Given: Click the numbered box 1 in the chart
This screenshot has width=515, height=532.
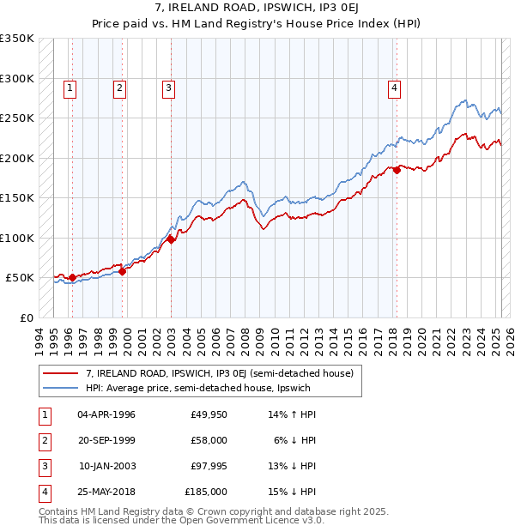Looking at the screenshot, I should click(70, 87).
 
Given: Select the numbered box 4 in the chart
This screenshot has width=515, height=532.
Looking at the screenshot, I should click(394, 87).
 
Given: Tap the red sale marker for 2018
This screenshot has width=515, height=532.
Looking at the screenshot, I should click(397, 171).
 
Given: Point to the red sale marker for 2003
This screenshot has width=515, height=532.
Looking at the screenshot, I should click(171, 239).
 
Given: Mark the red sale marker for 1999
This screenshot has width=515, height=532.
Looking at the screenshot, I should click(122, 271).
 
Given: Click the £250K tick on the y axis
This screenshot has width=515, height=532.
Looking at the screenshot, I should click(18, 118).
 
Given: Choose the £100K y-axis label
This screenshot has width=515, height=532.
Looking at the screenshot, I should click(18, 238).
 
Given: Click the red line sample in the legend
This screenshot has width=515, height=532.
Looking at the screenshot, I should click(62, 373).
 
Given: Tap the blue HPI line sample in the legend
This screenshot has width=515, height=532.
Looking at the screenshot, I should click(62, 388).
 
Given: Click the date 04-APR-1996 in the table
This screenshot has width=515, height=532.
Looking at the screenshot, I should click(106, 414).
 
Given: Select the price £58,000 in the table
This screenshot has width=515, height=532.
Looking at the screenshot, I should click(208, 440).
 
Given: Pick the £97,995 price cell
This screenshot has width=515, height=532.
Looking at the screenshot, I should click(208, 466).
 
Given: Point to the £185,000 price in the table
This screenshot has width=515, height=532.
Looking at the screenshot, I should click(206, 492).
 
